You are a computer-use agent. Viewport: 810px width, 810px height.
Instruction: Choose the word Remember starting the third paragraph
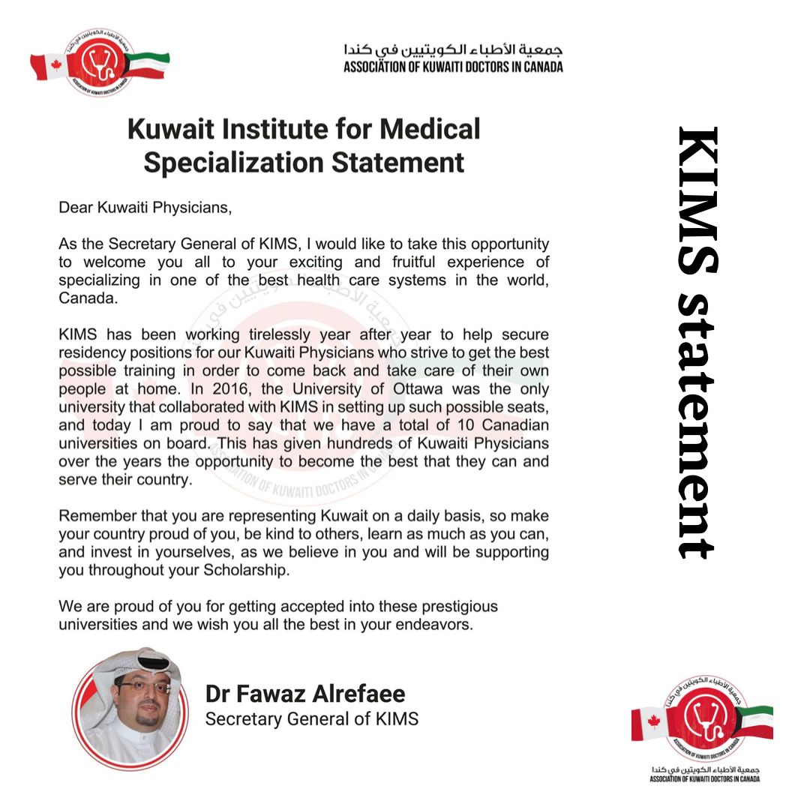[94, 517]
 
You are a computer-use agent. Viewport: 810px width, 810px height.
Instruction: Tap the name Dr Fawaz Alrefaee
[306, 693]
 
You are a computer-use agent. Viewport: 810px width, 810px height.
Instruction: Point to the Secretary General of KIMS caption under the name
[311, 718]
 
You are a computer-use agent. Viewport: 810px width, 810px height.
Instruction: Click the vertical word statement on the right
[697, 424]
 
